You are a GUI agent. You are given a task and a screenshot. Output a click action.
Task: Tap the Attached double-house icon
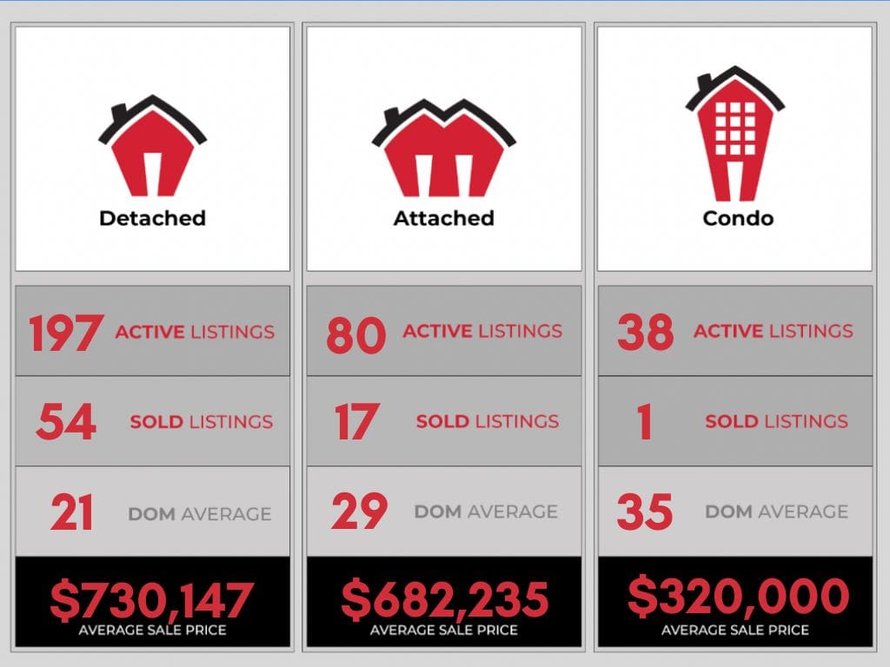pyautogui.click(x=443, y=149)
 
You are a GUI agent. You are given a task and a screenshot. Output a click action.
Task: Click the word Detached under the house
pyautogui.click(x=152, y=217)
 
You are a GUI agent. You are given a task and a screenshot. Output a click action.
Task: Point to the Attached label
pyautogui.click(x=443, y=217)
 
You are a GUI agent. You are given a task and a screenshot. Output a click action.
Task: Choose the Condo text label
pyautogui.click(x=737, y=217)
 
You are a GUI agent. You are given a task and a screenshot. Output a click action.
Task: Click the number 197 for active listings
pyautogui.click(x=66, y=333)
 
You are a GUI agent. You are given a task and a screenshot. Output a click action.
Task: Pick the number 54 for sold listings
pyautogui.click(x=66, y=422)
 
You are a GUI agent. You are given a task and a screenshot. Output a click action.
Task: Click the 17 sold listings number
pyautogui.click(x=356, y=422)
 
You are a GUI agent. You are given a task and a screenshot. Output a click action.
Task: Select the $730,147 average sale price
pyautogui.click(x=152, y=600)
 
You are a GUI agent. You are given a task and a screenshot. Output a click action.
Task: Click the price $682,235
pyautogui.click(x=444, y=599)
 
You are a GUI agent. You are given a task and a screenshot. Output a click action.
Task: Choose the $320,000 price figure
pyautogui.click(x=738, y=597)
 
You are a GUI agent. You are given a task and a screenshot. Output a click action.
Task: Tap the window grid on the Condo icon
pyautogui.click(x=735, y=129)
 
